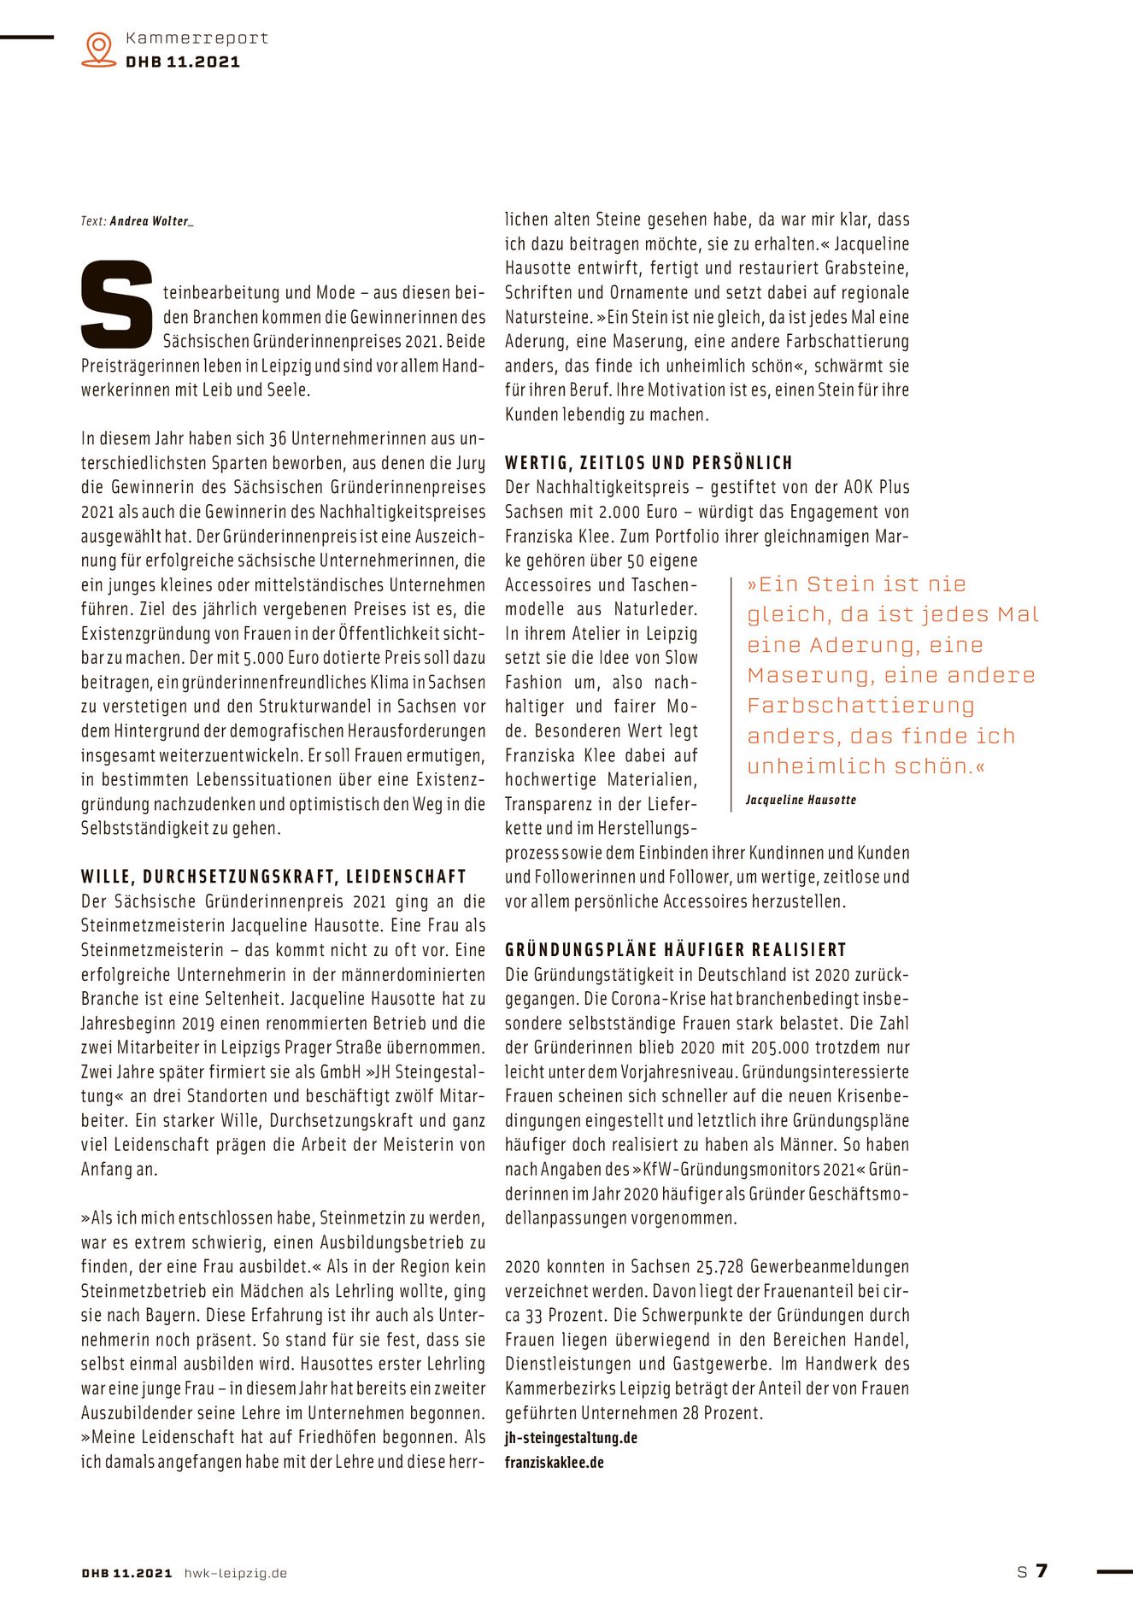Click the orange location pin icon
click(99, 49)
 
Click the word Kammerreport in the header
click(197, 38)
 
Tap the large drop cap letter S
click(116, 304)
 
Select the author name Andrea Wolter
click(150, 221)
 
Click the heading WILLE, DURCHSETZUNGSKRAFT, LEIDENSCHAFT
click(273, 877)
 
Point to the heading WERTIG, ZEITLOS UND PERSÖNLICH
click(649, 463)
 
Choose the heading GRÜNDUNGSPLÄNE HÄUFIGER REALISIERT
click(675, 950)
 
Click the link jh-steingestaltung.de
click(571, 1438)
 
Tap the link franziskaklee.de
click(554, 1463)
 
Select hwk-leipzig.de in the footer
click(236, 1573)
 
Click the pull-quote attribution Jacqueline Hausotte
click(801, 800)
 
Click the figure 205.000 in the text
click(781, 1047)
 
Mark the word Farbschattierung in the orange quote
click(860, 706)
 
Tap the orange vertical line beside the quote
click(731, 693)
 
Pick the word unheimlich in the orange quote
click(805, 766)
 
